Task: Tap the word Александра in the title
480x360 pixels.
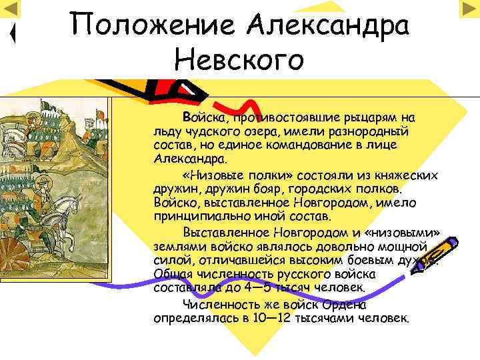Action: coord(327,27)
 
